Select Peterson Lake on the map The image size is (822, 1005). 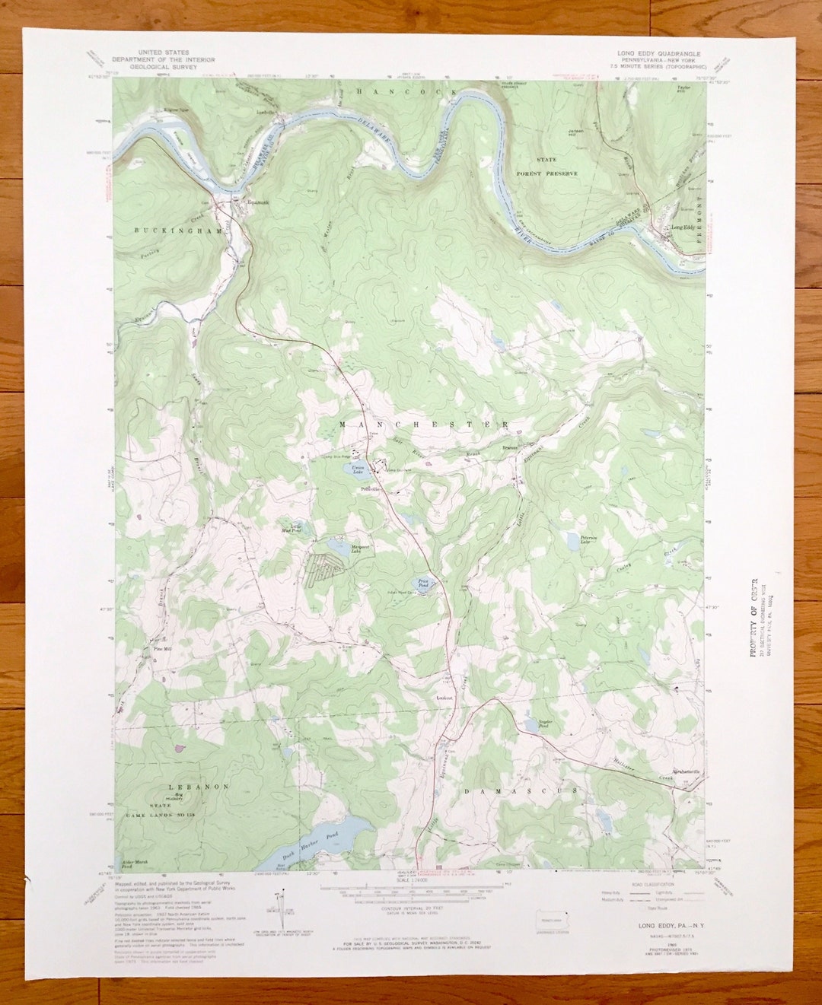573,542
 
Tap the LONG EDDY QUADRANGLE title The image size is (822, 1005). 659,54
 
